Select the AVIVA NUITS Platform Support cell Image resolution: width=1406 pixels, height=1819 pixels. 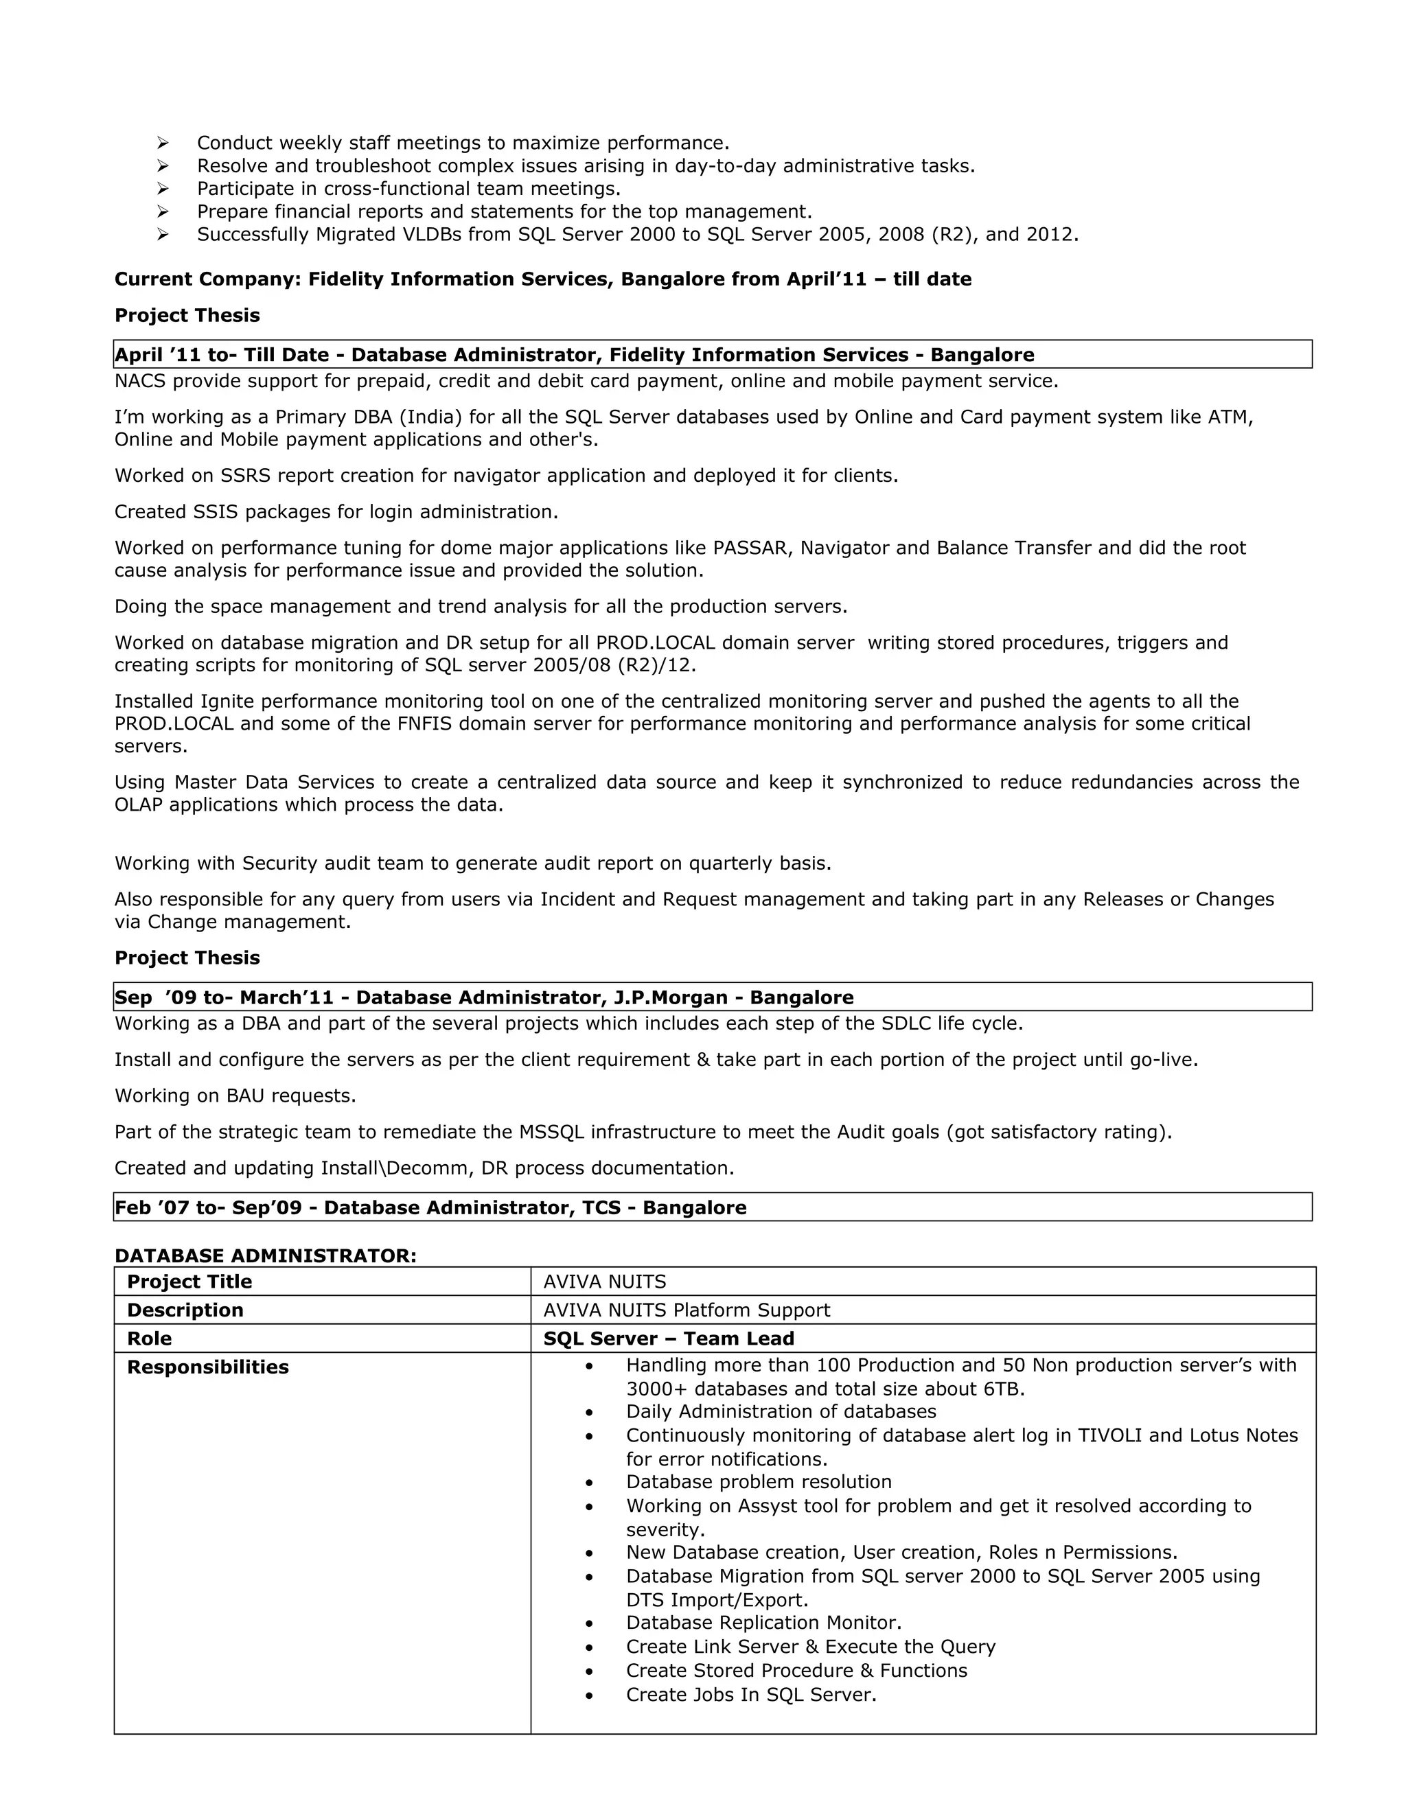687,1310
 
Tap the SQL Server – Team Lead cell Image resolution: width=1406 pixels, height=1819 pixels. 668,1339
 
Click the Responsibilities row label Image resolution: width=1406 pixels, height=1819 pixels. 207,1367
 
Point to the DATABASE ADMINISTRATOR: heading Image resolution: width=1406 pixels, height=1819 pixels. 265,1256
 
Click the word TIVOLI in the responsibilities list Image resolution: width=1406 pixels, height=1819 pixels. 1109,1435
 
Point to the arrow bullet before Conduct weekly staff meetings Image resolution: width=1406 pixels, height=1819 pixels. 163,143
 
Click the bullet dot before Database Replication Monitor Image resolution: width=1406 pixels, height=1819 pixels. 589,1623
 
